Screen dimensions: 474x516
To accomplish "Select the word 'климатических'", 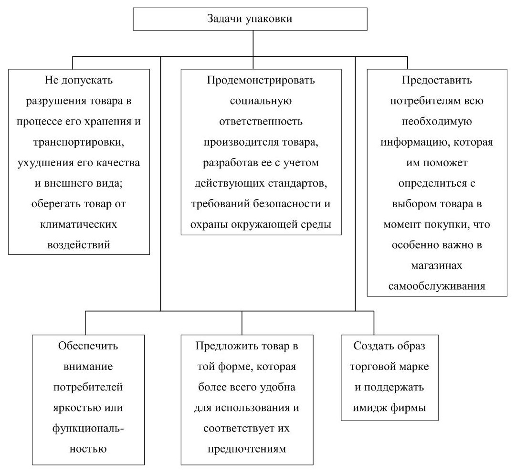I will point(79,224).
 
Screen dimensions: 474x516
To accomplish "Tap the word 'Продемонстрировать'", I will point(261,80).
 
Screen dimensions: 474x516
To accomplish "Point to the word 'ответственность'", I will point(261,121).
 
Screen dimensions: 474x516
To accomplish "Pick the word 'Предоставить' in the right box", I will point(437,80).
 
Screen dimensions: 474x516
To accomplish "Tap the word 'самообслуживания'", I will point(437,286).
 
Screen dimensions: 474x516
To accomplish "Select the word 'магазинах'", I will point(437,266).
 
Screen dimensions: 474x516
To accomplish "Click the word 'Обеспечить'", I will point(88,346).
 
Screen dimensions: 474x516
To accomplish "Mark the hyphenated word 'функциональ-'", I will point(88,428).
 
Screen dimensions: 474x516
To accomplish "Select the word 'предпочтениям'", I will point(246,449).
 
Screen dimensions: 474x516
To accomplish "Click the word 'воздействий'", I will point(79,245).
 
